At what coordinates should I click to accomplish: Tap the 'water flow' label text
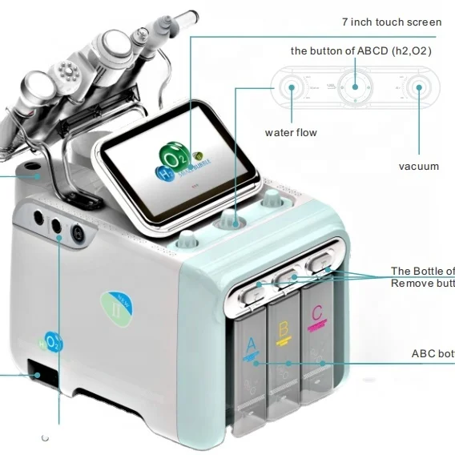pyautogui.click(x=290, y=132)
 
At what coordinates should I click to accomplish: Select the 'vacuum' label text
pyautogui.click(x=418, y=166)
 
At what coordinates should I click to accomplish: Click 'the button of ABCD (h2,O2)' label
pyautogui.click(x=361, y=50)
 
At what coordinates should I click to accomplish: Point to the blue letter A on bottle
pyautogui.click(x=251, y=344)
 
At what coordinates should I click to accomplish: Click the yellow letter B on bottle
pyautogui.click(x=282, y=328)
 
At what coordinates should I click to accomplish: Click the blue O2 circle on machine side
pyautogui.click(x=54, y=342)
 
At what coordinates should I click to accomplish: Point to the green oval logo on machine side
pyautogui.click(x=112, y=307)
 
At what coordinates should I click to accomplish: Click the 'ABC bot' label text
pyautogui.click(x=433, y=353)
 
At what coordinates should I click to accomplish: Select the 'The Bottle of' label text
pyautogui.click(x=422, y=271)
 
